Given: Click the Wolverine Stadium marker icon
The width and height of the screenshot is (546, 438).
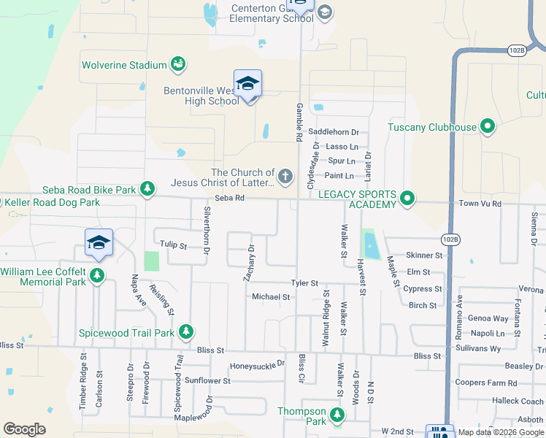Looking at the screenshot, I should point(177,65).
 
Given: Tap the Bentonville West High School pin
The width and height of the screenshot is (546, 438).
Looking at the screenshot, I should point(247,84).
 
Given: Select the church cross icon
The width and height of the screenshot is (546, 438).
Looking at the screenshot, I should point(285,177).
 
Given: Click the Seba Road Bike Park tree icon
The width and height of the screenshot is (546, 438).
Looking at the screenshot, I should point(147,190).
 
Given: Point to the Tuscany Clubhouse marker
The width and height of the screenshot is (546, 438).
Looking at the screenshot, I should point(488,127).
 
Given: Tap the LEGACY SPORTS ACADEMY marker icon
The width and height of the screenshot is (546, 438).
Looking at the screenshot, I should point(407,199).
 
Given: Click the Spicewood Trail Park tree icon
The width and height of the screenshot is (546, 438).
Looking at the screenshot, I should point(185,333).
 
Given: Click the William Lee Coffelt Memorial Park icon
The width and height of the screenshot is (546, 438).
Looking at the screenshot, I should point(97,276).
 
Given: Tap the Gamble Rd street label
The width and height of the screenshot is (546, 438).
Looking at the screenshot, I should point(299,121).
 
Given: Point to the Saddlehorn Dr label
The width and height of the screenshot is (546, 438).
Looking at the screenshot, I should point(334,132).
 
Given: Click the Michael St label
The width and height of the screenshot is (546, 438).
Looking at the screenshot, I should point(271,297).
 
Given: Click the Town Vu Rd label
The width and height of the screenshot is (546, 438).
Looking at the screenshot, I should point(480,204).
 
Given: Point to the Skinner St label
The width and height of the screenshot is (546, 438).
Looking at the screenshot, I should point(424,255).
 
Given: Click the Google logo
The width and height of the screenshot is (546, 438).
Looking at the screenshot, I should point(24,429).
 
